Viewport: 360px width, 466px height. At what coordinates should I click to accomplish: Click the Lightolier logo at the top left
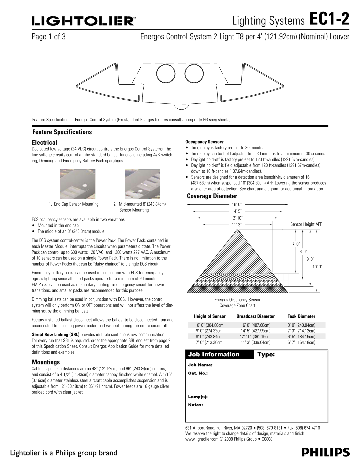coord(84,22)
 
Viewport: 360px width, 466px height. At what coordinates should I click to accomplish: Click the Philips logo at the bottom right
coord(326,452)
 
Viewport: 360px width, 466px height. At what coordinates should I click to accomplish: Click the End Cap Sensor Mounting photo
coord(78,184)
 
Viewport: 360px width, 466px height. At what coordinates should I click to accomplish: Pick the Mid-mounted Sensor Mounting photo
coord(142,184)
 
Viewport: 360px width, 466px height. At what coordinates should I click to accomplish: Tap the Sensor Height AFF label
coord(306,224)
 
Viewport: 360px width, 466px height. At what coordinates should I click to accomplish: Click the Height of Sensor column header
coord(210,316)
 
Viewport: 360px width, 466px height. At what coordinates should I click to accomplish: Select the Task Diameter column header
coord(301,316)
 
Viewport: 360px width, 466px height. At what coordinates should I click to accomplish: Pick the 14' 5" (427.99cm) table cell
coord(255,331)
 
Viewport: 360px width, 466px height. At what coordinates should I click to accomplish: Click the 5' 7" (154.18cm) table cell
coord(301,342)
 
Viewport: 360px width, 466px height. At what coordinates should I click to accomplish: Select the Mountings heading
coord(46,362)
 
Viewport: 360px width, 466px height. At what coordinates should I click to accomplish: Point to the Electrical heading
coord(45,142)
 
